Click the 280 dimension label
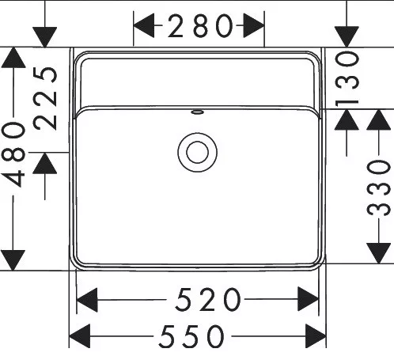[200, 26]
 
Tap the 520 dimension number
[208, 299]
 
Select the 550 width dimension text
[191, 336]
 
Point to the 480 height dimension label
[13, 154]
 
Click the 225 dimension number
[45, 98]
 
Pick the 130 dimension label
[347, 79]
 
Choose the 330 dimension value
[379, 187]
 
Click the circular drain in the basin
[197, 153]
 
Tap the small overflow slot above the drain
[197, 112]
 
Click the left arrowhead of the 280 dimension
[144, 26]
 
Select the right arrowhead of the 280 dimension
[253, 26]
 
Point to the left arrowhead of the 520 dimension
[87, 300]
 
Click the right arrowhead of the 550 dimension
[316, 336]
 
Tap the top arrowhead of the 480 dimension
[13, 58]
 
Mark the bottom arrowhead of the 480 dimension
[13, 260]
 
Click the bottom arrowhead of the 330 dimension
[379, 253]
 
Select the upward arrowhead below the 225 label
[45, 163]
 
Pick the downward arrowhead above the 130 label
[347, 36]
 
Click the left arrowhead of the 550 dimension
[80, 336]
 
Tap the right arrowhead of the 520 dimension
[309, 299]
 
